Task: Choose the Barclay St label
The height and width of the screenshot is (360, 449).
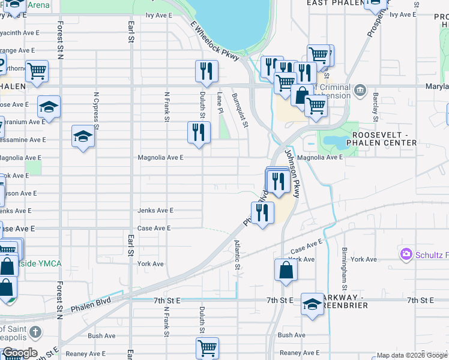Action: point(375,104)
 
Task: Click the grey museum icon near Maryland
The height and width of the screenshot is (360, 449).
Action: point(360,91)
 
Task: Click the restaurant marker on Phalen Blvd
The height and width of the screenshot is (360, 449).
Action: point(262,212)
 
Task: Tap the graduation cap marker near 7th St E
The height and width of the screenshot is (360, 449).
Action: point(312,304)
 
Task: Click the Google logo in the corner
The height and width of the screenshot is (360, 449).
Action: point(19,353)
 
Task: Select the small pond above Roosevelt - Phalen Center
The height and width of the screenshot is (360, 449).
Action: point(336,143)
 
